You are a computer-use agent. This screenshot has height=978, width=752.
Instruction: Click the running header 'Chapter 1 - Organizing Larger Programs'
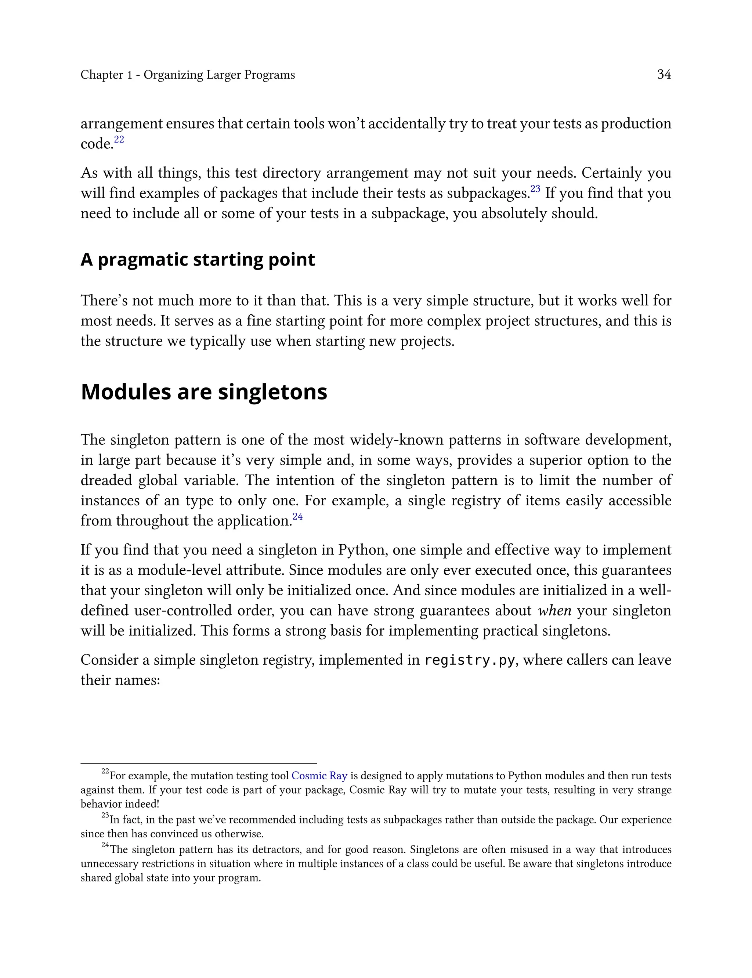[188, 75]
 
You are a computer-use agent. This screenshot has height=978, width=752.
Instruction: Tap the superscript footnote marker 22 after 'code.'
[119, 140]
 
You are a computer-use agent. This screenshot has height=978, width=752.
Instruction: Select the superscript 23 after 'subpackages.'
[535, 189]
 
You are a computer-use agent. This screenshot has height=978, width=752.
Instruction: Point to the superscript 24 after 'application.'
[298, 516]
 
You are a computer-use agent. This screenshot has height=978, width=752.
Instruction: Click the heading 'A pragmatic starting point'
[198, 260]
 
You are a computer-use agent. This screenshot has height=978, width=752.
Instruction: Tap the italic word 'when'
[554, 610]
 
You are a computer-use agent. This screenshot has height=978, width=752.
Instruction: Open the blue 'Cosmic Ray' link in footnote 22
[319, 776]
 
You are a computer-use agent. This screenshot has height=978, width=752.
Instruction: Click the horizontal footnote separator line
[198, 763]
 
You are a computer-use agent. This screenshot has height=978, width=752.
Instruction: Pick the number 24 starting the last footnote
[105, 845]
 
